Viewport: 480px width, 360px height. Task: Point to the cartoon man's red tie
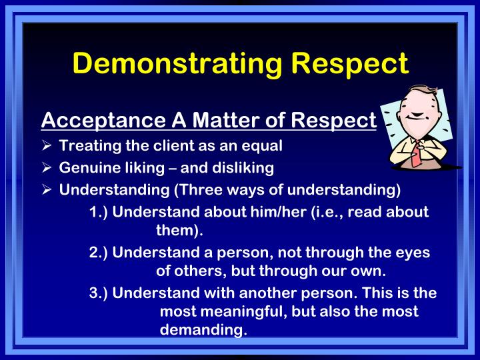click(x=414, y=155)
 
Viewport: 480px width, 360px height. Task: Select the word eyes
click(x=413, y=253)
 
